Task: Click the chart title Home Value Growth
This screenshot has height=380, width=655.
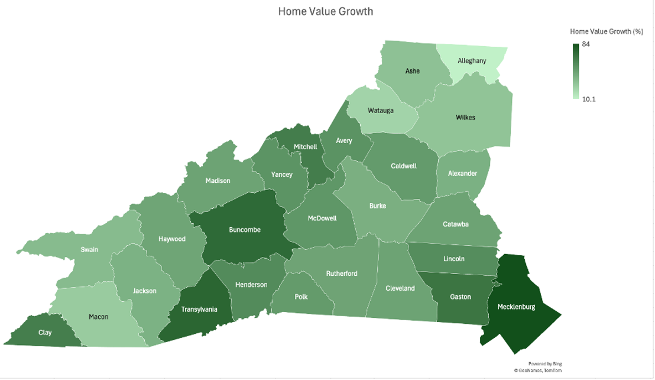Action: (x=325, y=11)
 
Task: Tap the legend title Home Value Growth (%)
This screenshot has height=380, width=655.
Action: (x=606, y=31)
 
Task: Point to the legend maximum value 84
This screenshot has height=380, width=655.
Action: (x=586, y=44)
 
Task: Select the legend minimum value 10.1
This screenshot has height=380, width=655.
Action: (x=589, y=99)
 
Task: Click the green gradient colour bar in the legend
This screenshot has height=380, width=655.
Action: (x=575, y=71)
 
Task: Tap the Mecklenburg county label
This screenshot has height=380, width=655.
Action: (x=516, y=307)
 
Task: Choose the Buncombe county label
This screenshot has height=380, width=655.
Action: (x=245, y=230)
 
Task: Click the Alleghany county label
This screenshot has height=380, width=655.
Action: (x=472, y=60)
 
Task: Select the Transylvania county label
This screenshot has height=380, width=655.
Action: (x=199, y=309)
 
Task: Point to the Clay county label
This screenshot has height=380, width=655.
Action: (x=45, y=333)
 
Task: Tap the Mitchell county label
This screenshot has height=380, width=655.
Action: (x=306, y=147)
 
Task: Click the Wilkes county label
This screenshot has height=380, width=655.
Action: (x=465, y=117)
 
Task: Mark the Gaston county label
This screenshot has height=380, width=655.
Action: (x=461, y=297)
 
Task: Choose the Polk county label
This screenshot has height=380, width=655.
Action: (x=301, y=297)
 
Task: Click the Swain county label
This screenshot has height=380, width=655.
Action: (x=89, y=250)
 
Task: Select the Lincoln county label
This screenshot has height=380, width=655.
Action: (x=453, y=259)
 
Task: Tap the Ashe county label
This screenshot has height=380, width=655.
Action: (x=412, y=71)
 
